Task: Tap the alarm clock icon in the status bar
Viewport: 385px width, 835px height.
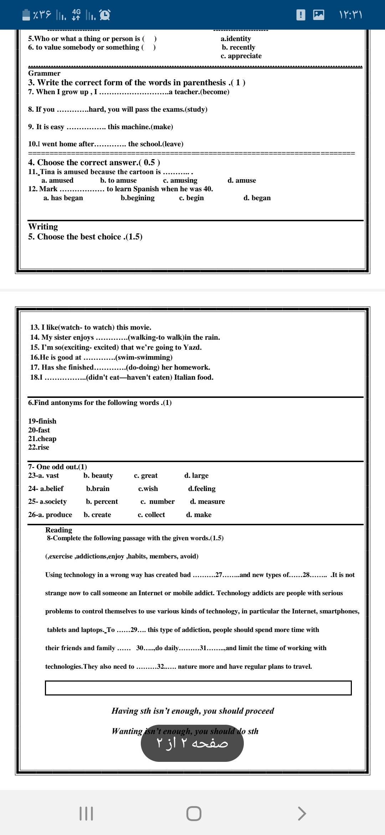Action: (104, 15)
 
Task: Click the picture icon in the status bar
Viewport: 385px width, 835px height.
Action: (318, 15)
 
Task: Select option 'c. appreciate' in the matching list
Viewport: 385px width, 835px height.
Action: (241, 56)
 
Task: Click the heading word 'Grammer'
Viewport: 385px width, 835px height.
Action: (44, 73)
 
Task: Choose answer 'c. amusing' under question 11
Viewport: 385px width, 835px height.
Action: (180, 181)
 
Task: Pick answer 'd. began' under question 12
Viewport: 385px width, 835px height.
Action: (257, 198)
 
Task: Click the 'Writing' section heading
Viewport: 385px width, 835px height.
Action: (43, 227)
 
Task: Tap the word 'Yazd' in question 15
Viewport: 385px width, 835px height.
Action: (192, 348)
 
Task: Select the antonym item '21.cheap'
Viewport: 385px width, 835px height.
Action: (42, 439)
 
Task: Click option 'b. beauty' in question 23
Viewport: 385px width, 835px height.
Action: (98, 476)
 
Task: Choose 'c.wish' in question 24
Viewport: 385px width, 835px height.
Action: (148, 489)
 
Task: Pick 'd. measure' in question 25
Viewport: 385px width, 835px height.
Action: (207, 502)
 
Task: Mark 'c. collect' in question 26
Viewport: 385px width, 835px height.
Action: (151, 515)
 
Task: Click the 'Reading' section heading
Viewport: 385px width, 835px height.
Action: (58, 530)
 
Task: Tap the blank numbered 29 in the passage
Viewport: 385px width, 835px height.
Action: (134, 630)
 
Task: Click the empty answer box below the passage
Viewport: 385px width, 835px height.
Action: (198, 688)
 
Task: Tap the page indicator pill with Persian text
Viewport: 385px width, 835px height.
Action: (192, 743)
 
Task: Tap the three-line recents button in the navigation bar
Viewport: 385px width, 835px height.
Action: (86, 814)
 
